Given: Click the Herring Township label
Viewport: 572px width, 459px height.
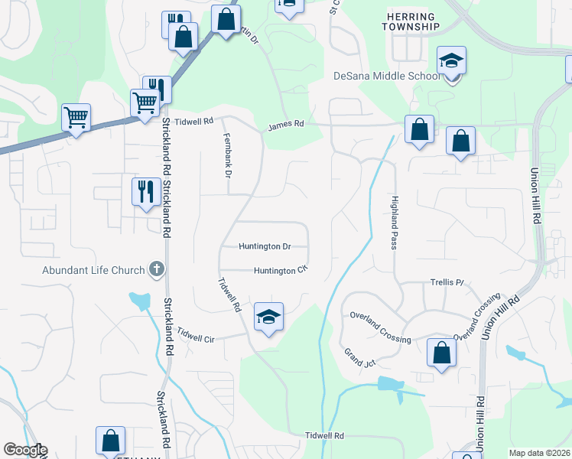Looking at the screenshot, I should (411, 21).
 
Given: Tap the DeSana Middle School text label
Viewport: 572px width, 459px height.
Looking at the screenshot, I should (387, 76).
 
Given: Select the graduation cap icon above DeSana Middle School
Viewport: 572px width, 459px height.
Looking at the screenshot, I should (451, 62).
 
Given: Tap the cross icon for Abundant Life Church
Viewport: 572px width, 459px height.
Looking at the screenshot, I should (157, 269).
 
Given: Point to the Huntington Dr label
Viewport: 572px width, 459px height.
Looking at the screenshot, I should (265, 247).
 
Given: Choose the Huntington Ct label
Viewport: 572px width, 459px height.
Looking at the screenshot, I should (280, 270).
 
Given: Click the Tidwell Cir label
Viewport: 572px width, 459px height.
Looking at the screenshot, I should (197, 335).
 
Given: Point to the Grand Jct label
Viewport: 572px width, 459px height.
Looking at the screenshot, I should (359, 357).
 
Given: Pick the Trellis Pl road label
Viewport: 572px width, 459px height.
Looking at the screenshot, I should (449, 282).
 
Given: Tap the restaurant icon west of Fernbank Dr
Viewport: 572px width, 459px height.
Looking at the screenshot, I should (145, 192).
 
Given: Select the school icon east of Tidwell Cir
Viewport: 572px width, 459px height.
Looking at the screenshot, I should (268, 317).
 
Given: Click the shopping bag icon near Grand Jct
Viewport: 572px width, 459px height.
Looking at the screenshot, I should (441, 353).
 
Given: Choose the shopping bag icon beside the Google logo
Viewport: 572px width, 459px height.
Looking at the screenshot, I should (110, 441).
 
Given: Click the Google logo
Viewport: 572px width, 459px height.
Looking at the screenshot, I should (25, 450).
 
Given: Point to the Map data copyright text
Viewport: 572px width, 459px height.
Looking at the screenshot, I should (538, 453).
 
